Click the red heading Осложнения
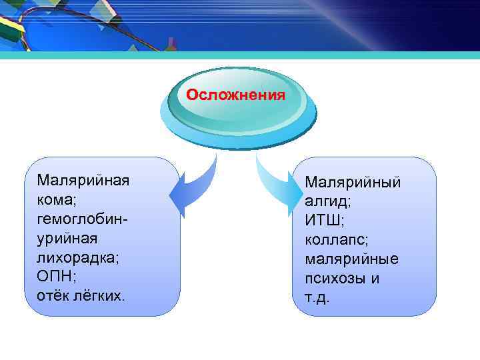click(235, 95)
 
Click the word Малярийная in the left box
click(83, 181)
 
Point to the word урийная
click(67, 238)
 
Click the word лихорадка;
click(78, 257)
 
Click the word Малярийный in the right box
click(353, 182)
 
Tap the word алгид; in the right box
click(328, 201)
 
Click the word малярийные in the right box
click(351, 259)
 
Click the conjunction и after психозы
click(375, 278)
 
